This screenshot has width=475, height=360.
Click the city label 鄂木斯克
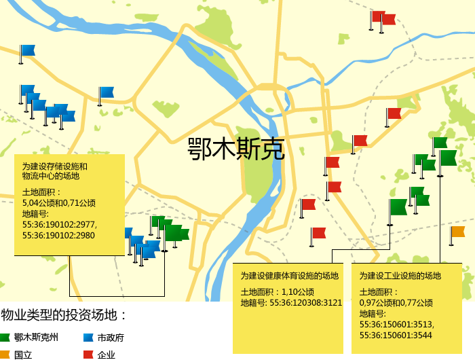pos(236,149)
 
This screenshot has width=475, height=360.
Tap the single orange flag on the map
pos(458,232)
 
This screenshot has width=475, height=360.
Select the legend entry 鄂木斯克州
pos(36,338)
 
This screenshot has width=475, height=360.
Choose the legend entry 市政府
pos(111,338)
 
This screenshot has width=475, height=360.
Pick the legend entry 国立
pos(23,355)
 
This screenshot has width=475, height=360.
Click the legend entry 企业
pos(106,355)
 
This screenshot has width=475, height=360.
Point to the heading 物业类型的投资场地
pos(64,315)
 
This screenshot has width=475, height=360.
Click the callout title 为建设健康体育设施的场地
pos(290,276)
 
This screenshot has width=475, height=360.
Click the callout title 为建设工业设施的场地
pos(400,276)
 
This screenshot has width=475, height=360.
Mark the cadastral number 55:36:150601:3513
pos(397,325)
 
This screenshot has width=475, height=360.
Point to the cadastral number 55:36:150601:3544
pos(396,335)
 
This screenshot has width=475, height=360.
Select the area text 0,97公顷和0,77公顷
pos(396,303)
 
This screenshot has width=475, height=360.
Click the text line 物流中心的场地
pos(51,176)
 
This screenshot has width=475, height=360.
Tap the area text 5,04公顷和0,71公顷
pos(59,202)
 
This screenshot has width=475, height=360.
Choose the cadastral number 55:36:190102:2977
pos(60,225)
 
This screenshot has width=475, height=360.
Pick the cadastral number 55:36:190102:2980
pos(58,235)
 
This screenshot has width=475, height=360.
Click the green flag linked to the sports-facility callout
pos(398,206)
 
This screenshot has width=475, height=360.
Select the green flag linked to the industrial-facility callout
pos(448,158)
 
